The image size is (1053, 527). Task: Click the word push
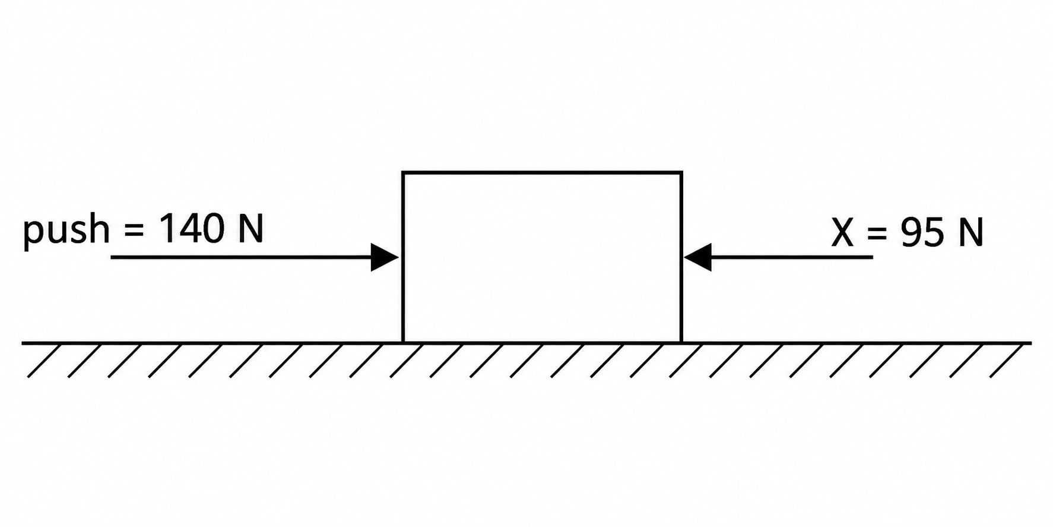(x=66, y=231)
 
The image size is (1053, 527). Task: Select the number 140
(x=191, y=229)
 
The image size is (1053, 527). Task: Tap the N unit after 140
(x=250, y=229)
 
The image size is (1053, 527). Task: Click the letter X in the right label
(x=843, y=232)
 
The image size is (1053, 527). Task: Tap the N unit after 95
(x=970, y=232)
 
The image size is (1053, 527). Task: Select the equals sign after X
(x=877, y=233)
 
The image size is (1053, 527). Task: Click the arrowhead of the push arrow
(x=385, y=257)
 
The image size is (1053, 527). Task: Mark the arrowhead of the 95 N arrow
(x=697, y=257)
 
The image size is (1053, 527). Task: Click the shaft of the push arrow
(x=241, y=257)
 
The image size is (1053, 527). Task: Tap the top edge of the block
(x=542, y=173)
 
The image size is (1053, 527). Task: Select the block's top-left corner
(x=403, y=173)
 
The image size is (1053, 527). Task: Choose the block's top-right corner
(x=681, y=173)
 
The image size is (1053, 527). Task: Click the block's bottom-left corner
(x=403, y=342)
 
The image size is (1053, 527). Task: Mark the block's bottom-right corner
(x=681, y=342)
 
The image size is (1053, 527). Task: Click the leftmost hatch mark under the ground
(x=45, y=360)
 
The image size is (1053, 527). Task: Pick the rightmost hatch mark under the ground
(x=1007, y=360)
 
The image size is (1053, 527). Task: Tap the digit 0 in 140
(x=212, y=229)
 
